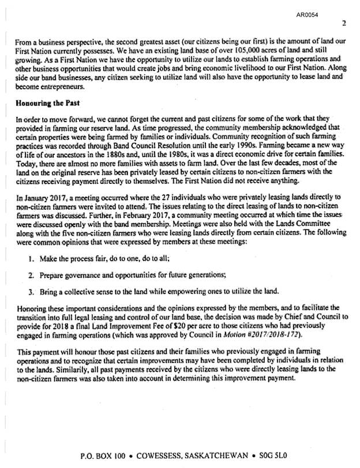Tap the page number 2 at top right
[x=344, y=24]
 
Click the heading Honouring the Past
[x=50, y=103]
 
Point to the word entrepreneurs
[x=59, y=86]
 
